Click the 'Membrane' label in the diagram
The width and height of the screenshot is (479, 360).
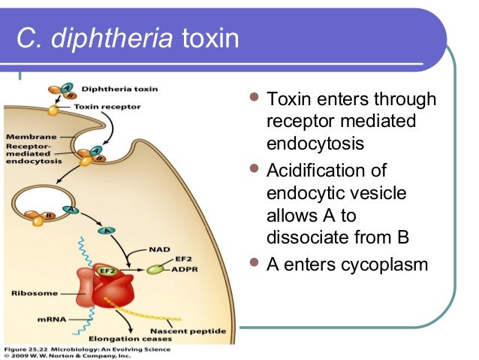coord(27,137)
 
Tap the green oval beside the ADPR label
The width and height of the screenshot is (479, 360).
coord(155,268)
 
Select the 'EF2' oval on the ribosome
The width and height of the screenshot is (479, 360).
coord(107,270)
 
